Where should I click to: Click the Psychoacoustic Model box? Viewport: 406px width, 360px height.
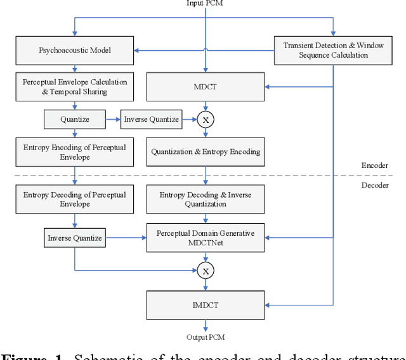click(75, 50)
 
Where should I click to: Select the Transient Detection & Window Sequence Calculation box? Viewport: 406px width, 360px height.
click(333, 50)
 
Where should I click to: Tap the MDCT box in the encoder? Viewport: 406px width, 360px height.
click(205, 86)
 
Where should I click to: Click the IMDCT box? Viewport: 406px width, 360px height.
click(205, 305)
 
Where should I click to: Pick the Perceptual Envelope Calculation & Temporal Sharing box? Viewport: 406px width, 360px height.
click(75, 86)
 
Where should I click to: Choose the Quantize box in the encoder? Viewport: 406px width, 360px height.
click(75, 119)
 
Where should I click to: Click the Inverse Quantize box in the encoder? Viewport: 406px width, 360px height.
click(152, 119)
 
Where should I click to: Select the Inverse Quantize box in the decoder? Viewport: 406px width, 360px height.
click(75, 239)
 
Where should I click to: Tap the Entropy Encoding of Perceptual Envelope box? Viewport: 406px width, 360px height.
click(75, 152)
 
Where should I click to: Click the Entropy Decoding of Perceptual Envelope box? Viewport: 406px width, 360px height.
click(75, 199)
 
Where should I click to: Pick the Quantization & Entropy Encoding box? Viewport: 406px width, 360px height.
click(205, 152)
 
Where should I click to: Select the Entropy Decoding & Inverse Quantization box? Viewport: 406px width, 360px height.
click(205, 199)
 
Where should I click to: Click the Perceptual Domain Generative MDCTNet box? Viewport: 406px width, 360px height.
click(205, 239)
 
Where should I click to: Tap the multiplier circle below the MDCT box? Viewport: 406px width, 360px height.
click(205, 119)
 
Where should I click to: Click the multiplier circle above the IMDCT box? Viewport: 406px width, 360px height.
click(205, 271)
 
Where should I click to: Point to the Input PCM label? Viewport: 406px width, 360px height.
click(204, 4)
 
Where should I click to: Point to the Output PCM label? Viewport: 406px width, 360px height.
click(204, 336)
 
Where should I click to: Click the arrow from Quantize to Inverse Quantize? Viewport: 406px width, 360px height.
click(112, 119)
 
